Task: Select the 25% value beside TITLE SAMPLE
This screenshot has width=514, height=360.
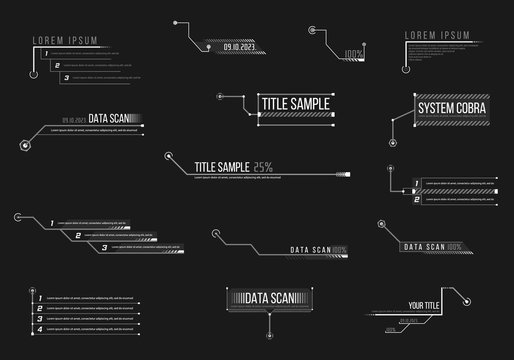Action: click(263, 167)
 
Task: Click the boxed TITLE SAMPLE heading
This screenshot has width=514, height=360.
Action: click(297, 103)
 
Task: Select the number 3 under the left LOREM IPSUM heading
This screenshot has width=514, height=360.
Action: click(66, 77)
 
